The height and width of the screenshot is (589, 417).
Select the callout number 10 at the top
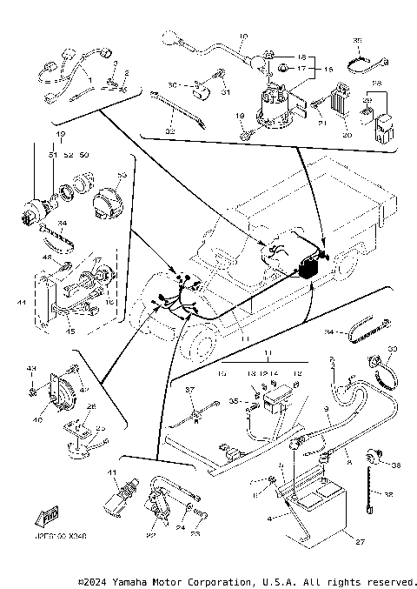[242, 36]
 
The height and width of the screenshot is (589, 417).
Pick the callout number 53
[121, 175]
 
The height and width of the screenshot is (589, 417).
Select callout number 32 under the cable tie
[170, 131]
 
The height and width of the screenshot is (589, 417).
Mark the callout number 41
[112, 472]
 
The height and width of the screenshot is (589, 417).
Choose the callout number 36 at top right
[358, 41]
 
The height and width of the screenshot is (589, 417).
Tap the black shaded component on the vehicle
[307, 269]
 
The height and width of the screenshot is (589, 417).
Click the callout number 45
[70, 330]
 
